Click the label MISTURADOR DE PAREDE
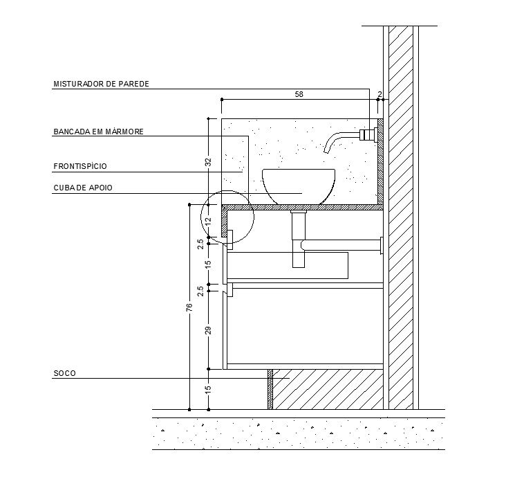(101, 84)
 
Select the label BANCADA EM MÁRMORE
(98, 131)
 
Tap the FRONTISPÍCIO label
(80, 166)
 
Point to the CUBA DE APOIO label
(82, 188)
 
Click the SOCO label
(64, 373)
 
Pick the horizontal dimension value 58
(299, 94)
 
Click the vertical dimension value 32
(208, 163)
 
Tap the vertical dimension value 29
(208, 330)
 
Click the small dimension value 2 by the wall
(379, 94)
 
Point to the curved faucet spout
(338, 139)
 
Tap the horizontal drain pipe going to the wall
(342, 244)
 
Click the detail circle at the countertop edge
(227, 215)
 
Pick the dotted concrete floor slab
(297, 433)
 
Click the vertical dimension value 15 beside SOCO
(208, 388)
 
